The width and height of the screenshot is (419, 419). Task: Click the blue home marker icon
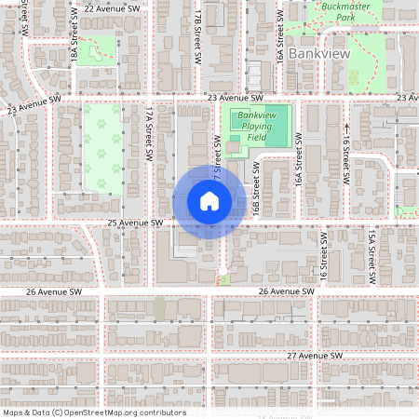[x=209, y=201]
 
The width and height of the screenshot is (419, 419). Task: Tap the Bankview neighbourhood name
[x=318, y=54]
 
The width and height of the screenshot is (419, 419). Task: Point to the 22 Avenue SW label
[x=112, y=8]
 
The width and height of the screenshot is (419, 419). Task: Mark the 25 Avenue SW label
[x=135, y=223]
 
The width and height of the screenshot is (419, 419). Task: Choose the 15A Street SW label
[x=371, y=258]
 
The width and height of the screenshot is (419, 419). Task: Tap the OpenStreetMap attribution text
[x=93, y=412]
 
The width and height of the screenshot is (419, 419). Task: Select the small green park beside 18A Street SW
[x=97, y=50]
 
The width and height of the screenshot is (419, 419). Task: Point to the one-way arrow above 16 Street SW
[x=345, y=127]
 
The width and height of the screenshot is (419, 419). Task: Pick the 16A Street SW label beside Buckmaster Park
[x=278, y=41]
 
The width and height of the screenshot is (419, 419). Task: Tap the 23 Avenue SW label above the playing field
[x=236, y=97]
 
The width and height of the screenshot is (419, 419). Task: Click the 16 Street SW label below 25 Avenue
[x=324, y=261]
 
